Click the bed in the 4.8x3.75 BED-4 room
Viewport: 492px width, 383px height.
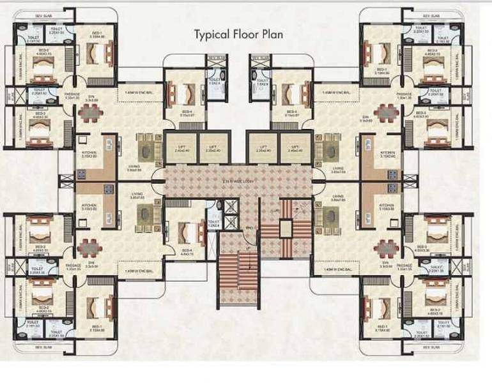click(x=187, y=230)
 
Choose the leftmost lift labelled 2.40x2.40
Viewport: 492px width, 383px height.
click(x=181, y=148)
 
